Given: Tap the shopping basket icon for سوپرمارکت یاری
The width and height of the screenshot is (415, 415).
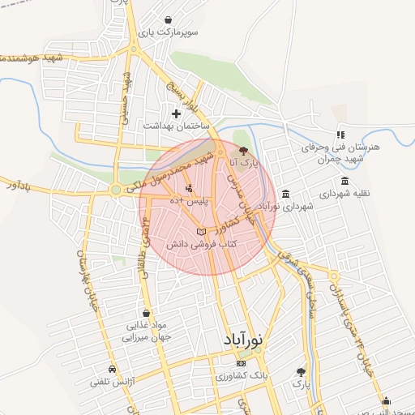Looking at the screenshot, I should point(167,19).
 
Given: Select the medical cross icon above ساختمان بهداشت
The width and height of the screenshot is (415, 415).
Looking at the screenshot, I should point(176,113).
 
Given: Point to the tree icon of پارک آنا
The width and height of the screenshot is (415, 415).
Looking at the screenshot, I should point(244,150).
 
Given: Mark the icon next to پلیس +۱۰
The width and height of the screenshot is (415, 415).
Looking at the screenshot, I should point(189,190).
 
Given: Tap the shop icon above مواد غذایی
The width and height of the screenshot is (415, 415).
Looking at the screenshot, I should point(145,313).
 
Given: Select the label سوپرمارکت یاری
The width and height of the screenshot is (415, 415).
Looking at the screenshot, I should point(165,33).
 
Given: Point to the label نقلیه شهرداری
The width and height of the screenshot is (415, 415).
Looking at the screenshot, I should point(344,195).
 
